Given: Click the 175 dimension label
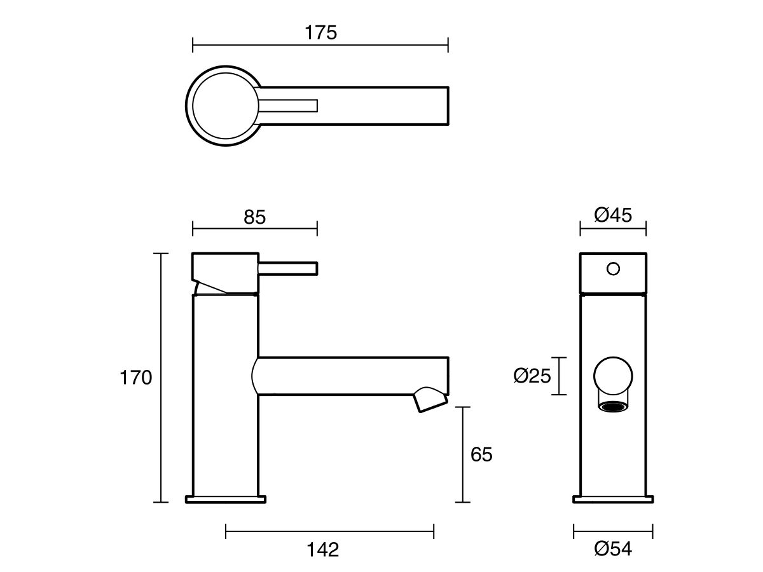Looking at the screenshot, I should tap(320, 33).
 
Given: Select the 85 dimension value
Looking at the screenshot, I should tap(254, 217).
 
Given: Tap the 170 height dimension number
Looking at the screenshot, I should tap(136, 378).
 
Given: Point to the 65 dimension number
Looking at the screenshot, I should tap(481, 454).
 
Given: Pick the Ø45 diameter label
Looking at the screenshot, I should tap(613, 215).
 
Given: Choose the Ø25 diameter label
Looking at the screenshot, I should tap(532, 377).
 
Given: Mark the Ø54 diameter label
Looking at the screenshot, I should tap(613, 549).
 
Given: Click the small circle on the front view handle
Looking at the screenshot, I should tap(613, 269).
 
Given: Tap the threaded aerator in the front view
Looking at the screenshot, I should tap(613, 407).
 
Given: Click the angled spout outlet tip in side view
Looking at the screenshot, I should tap(430, 402).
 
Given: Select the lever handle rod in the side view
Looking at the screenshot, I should tap(287, 269).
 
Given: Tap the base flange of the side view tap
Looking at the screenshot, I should tap(225, 499).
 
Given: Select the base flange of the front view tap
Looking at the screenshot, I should tap(613, 499).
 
